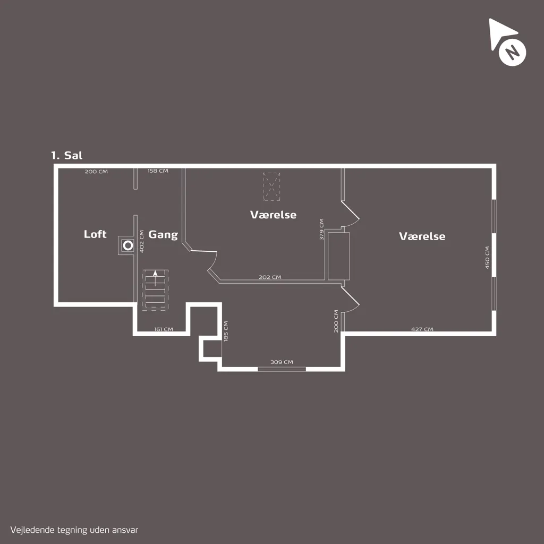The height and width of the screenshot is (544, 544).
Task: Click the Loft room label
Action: pyautogui.click(x=95, y=234)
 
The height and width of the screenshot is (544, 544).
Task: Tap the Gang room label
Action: pyautogui.click(x=163, y=235)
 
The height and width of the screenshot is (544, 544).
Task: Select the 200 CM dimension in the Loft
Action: pyautogui.click(x=96, y=172)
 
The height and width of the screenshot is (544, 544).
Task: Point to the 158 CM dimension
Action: pyautogui.click(x=158, y=171)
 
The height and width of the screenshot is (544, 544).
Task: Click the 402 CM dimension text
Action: pyautogui.click(x=141, y=242)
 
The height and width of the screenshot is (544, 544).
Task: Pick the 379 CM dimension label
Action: pyautogui.click(x=321, y=229)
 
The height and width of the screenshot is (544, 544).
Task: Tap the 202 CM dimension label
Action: pyautogui.click(x=270, y=277)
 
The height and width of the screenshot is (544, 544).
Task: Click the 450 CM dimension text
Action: pyautogui.click(x=487, y=258)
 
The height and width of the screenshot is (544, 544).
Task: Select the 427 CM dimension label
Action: pyautogui.click(x=422, y=329)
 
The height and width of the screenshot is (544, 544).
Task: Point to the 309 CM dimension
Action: pyautogui.click(x=282, y=362)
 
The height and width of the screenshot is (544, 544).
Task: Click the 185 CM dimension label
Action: pyautogui.click(x=226, y=331)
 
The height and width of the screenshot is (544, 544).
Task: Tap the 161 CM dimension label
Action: pyautogui.click(x=164, y=329)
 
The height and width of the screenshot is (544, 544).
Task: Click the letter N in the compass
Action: pyautogui.click(x=512, y=53)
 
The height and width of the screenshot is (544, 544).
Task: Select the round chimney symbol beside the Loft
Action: pyautogui.click(x=128, y=245)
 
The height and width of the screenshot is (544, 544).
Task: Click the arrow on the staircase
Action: pyautogui.click(x=155, y=278)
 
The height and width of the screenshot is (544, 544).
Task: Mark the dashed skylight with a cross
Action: pyautogui.click(x=271, y=186)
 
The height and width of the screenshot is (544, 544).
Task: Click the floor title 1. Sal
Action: pyautogui.click(x=66, y=155)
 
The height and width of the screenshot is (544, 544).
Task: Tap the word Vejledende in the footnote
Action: pyautogui.click(x=32, y=530)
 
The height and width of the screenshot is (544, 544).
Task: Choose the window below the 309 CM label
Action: pyautogui.click(x=282, y=369)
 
